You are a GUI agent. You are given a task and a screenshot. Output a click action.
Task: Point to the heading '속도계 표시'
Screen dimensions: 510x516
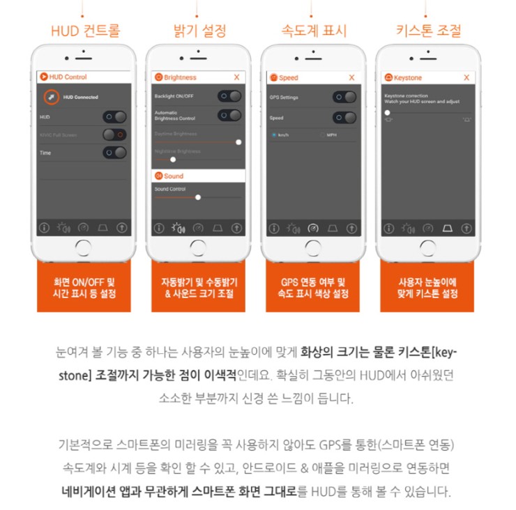point(313,31)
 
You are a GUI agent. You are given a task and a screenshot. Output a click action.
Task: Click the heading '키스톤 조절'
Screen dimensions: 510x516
point(427,31)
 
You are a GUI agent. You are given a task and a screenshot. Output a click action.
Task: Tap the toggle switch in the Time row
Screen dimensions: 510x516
point(115,153)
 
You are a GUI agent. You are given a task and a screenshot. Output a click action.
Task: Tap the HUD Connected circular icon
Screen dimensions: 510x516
point(51,97)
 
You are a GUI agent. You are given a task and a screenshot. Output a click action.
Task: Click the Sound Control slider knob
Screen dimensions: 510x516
point(198,197)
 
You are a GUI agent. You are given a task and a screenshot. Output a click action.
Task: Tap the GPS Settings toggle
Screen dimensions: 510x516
point(344,98)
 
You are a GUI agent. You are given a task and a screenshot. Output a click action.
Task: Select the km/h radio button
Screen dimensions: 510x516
point(274,134)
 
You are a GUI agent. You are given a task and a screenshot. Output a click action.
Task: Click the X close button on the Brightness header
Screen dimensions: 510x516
point(237,77)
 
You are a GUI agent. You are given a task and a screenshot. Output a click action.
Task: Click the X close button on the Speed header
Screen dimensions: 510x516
point(351,77)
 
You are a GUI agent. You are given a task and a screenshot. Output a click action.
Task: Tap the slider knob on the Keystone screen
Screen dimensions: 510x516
point(387,112)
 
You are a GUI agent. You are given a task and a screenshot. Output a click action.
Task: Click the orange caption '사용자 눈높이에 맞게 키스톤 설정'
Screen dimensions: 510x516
point(427,287)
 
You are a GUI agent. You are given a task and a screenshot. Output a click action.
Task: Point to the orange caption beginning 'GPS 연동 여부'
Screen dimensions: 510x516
point(313,287)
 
